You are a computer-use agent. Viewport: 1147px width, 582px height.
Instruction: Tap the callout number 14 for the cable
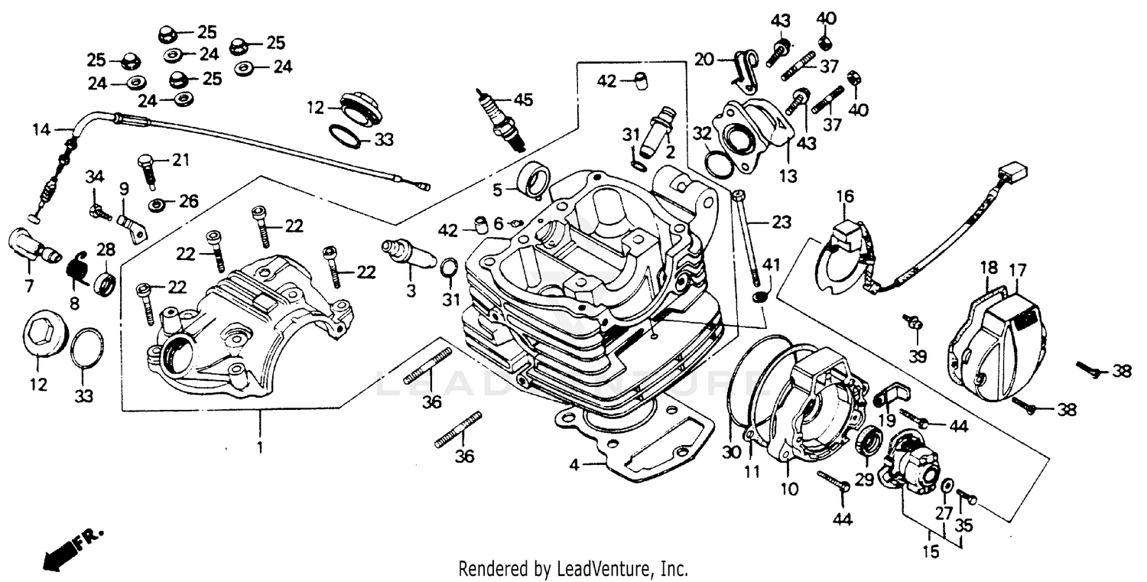click(x=41, y=130)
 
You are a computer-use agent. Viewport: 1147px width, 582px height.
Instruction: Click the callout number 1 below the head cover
click(x=259, y=447)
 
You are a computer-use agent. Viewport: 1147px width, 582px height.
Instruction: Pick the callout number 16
click(x=843, y=197)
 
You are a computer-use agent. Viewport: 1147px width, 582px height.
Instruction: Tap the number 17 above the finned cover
click(x=1017, y=269)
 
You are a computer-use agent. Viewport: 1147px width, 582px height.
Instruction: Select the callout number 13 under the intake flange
click(x=788, y=177)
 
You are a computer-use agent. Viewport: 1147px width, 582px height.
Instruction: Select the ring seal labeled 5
click(x=533, y=179)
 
